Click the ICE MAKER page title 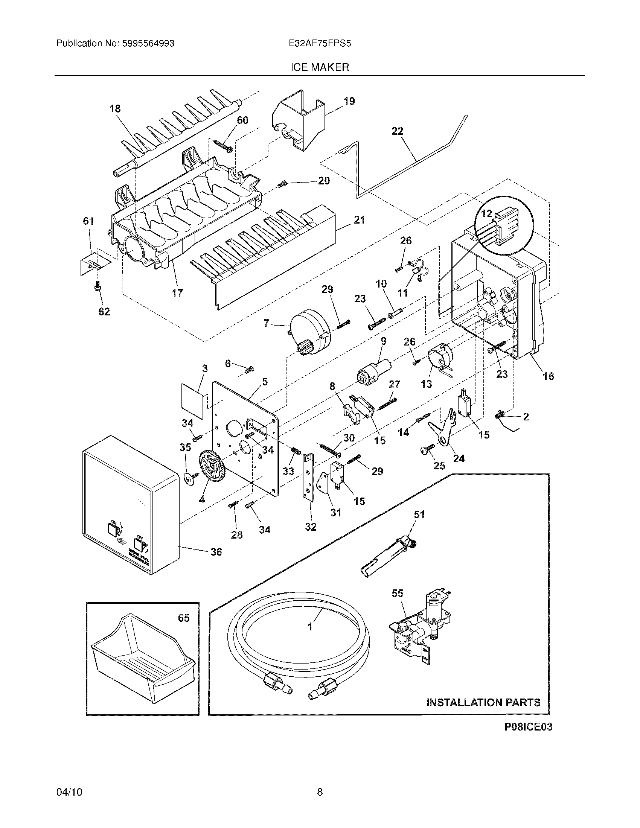tap(320, 67)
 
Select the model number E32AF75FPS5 tap(320, 44)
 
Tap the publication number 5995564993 tap(148, 44)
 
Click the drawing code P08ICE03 tap(528, 727)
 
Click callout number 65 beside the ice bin tap(183, 618)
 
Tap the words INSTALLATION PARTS tap(483, 703)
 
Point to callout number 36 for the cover tap(216, 552)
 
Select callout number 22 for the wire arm tap(397, 131)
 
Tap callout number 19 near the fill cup tap(349, 101)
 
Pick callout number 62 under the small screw tap(104, 312)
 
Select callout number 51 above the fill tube tap(419, 515)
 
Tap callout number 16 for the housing tap(548, 376)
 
